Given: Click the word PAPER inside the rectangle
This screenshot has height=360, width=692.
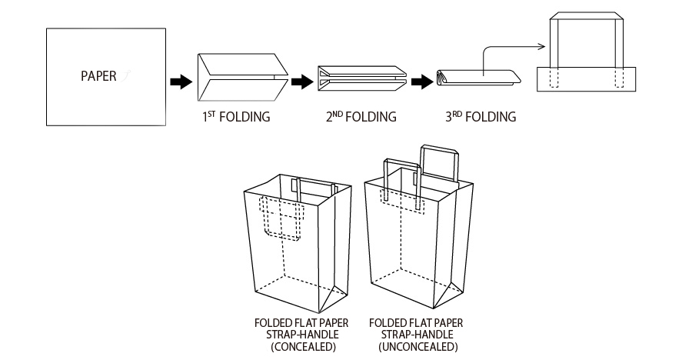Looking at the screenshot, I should click(x=98, y=76).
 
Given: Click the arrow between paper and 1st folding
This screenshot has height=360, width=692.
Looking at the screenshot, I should click(x=180, y=80).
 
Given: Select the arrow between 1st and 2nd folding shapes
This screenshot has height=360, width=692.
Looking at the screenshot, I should click(x=304, y=80).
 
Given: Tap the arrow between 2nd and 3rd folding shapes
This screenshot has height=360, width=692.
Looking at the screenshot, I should click(x=421, y=80).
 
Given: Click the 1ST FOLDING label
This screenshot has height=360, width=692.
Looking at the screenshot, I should click(x=236, y=118).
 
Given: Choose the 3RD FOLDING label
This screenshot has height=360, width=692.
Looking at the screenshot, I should click(x=480, y=118).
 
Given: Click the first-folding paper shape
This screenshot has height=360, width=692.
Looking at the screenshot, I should click(x=241, y=77).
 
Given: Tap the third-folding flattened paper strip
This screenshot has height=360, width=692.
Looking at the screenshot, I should click(x=477, y=78).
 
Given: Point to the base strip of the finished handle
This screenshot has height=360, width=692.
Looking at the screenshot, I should click(x=587, y=78).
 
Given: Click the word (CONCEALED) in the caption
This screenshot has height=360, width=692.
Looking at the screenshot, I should click(x=293, y=347).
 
